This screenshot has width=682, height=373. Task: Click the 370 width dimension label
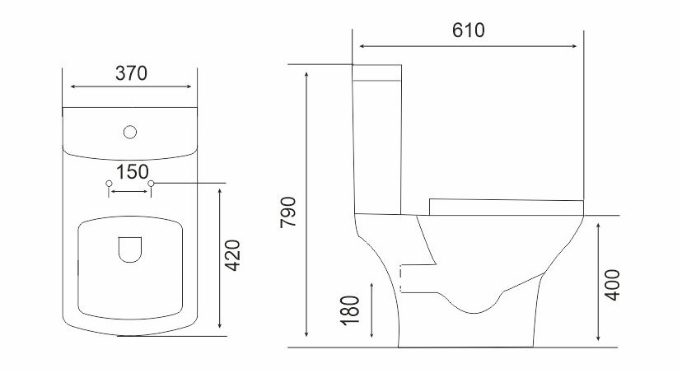131,73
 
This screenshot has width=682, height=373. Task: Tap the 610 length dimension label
469,30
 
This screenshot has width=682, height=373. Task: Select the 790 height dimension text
288,212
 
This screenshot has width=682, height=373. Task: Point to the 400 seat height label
613,285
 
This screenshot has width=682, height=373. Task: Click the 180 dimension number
350,310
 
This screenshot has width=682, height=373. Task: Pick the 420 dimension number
232,255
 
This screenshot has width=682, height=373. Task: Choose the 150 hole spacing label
133,172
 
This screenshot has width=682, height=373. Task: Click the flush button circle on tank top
130,133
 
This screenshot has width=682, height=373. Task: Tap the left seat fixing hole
109,184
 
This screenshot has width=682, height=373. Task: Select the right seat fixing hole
151,184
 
